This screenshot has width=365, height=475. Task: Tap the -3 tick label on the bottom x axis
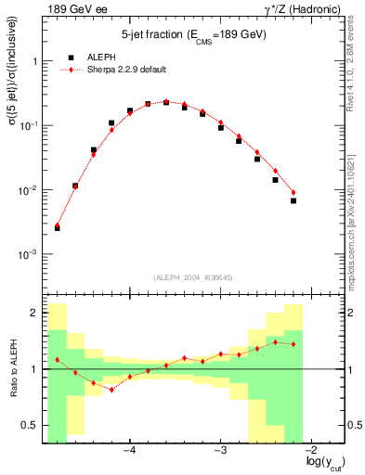[221, 450]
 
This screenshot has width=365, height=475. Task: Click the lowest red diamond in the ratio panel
[111, 390]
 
